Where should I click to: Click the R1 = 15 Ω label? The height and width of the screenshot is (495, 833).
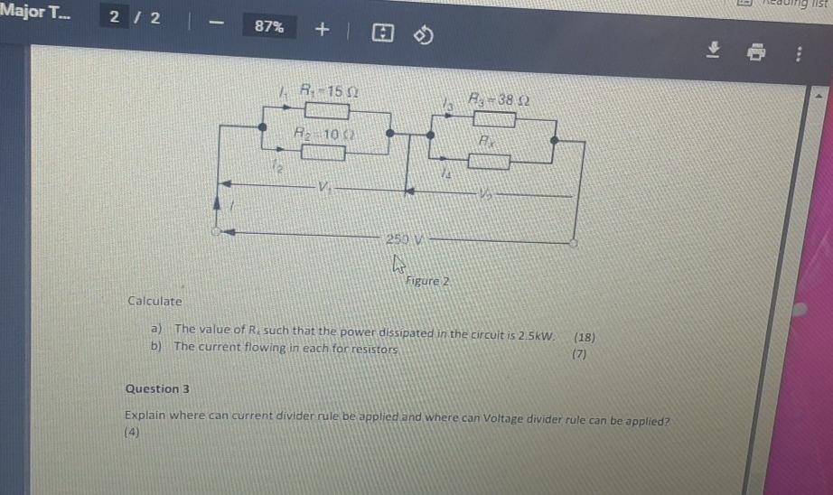322,90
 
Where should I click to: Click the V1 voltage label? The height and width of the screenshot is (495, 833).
323,188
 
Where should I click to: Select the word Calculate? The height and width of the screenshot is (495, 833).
154,301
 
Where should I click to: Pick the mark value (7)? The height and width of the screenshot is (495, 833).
580,354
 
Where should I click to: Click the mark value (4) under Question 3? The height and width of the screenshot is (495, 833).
132,432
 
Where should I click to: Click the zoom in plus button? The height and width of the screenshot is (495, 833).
322,29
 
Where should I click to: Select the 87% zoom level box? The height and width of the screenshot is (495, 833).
268,27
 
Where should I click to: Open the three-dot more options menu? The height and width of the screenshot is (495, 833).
798,55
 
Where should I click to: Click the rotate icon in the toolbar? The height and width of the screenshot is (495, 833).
425,35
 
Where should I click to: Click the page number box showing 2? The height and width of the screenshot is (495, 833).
116,18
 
